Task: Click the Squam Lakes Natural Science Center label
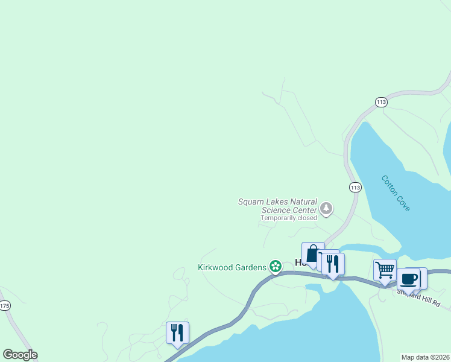click(277, 206)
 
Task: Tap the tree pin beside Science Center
click(326, 209)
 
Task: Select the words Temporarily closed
click(288, 218)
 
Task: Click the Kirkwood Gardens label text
click(232, 267)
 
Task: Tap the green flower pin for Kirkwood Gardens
click(276, 266)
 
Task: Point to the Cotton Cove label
click(396, 192)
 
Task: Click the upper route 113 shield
click(380, 103)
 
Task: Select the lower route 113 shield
click(355, 188)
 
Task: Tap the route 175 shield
click(5, 306)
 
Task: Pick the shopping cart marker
click(384, 270)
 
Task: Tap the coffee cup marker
click(409, 279)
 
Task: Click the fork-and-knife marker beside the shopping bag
click(332, 263)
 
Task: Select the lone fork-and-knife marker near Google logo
click(177, 332)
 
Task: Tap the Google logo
click(20, 355)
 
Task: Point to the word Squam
click(251, 202)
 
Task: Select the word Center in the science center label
click(303, 210)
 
